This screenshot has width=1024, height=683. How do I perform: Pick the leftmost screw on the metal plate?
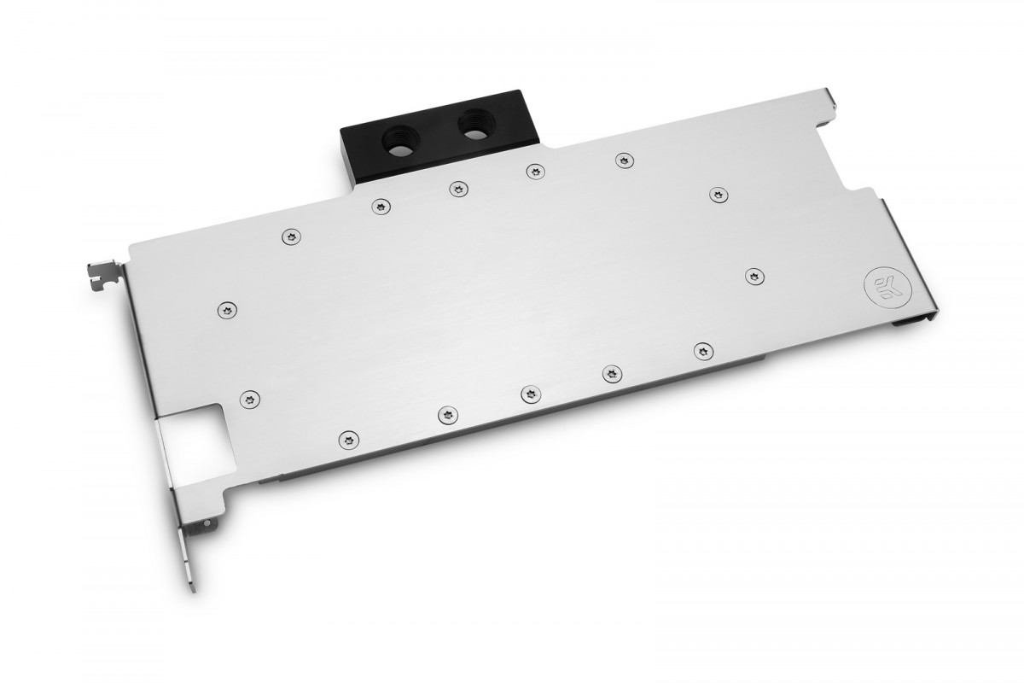coord(227,311)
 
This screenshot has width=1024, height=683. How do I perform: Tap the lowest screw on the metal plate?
coord(349,440)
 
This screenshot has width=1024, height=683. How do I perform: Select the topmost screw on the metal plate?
coord(624,161)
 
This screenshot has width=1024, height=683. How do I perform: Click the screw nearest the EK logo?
coord(754,277)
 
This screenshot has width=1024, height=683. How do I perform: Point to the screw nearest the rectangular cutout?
coord(249,400)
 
